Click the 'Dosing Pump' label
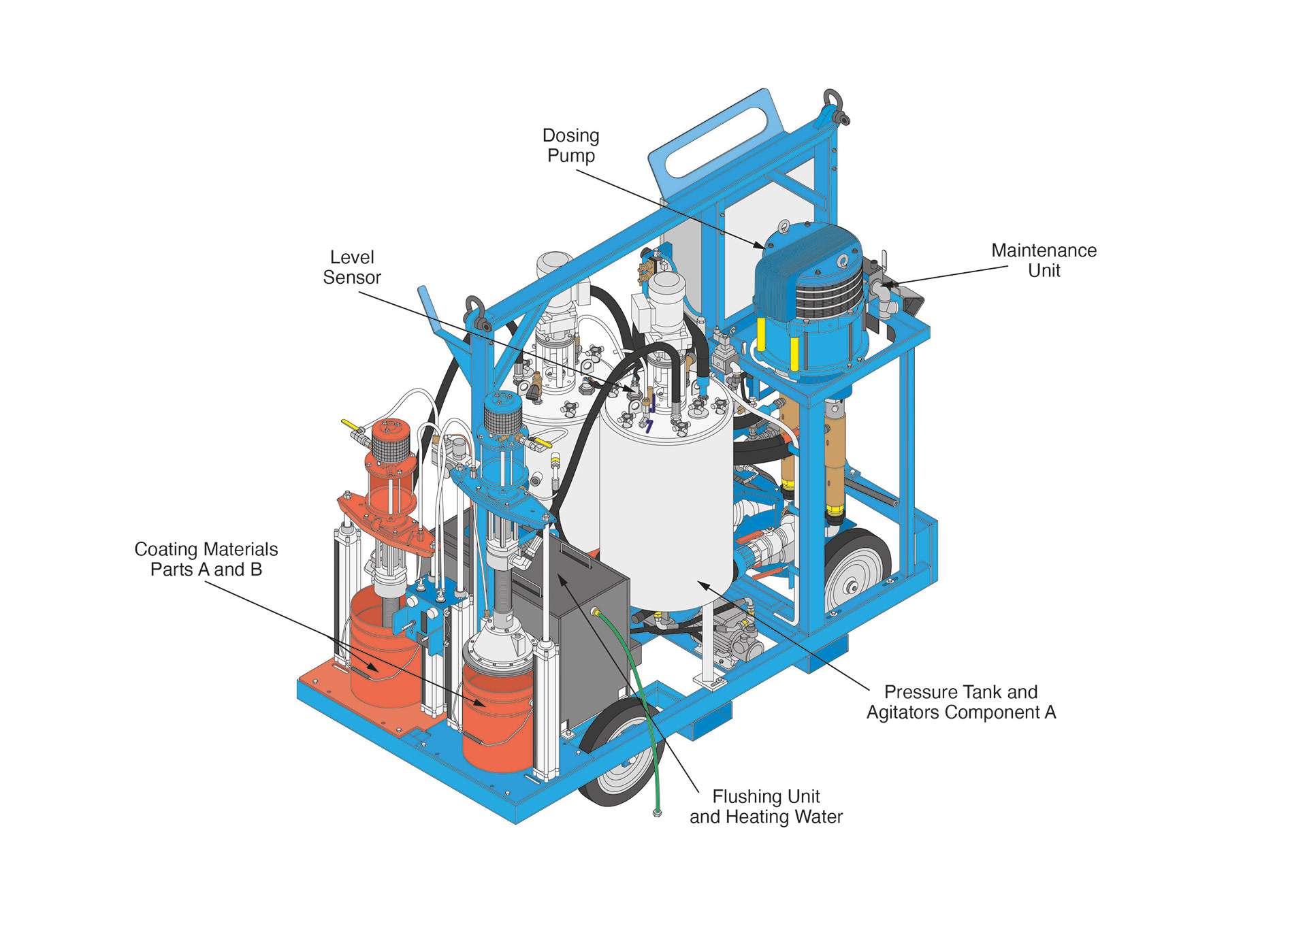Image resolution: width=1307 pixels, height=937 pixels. [x=570, y=146]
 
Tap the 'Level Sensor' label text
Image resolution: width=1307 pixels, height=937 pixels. [x=352, y=267]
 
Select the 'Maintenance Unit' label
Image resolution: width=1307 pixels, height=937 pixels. [x=1044, y=261]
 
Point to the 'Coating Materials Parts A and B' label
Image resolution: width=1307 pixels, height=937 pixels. [x=206, y=559]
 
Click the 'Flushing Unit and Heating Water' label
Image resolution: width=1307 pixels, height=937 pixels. [x=766, y=806]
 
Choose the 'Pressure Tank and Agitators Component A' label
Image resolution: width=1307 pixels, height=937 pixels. [x=961, y=702]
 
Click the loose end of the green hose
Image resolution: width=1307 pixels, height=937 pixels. [x=657, y=812]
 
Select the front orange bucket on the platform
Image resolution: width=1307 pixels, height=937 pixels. [x=497, y=721]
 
